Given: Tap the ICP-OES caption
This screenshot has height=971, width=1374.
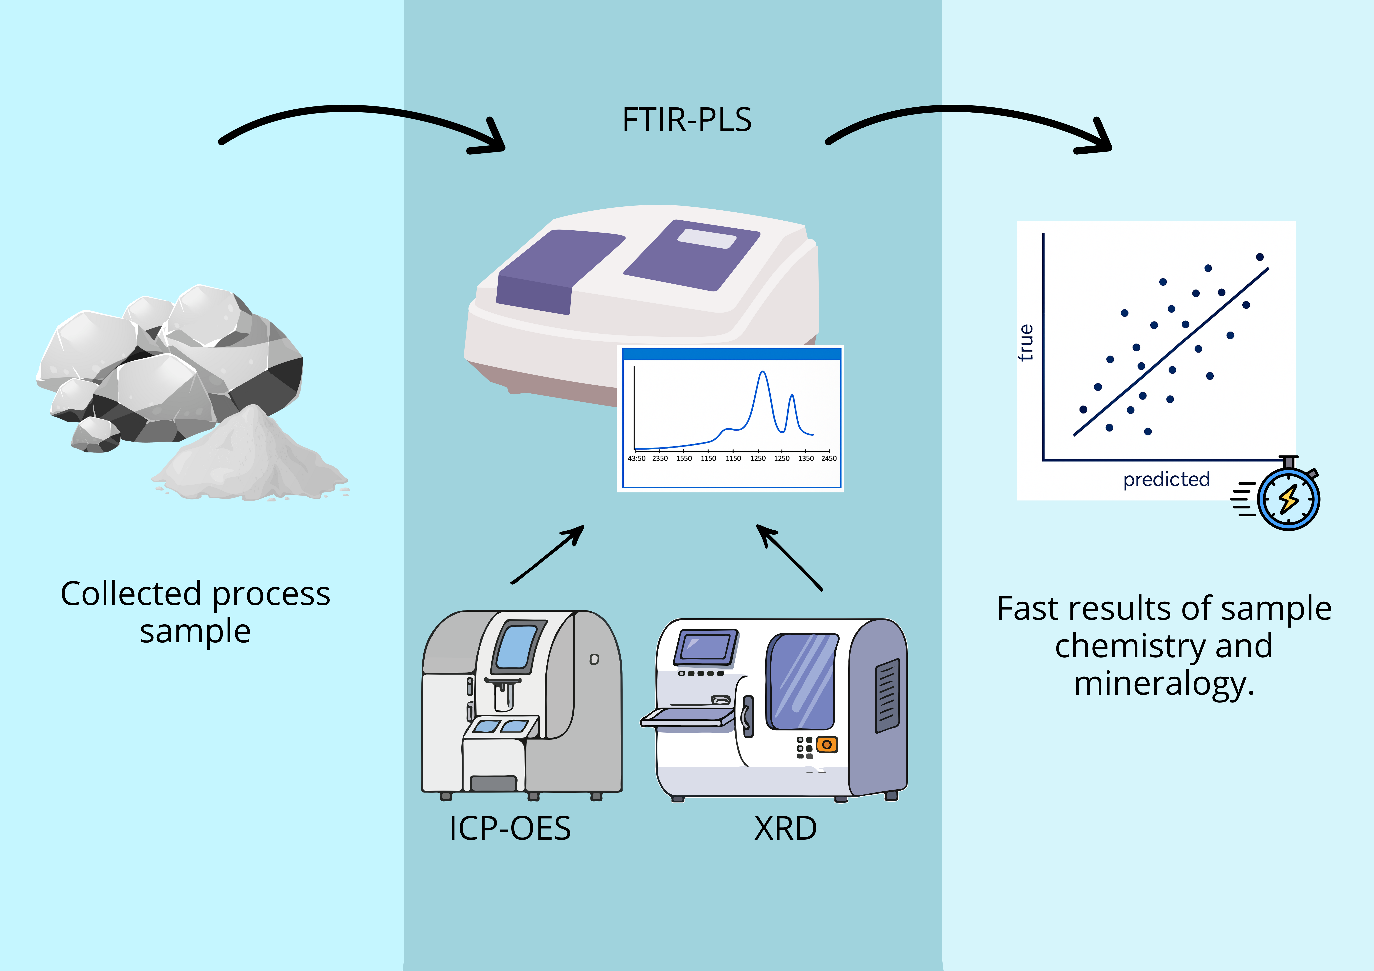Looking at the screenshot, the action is [510, 829].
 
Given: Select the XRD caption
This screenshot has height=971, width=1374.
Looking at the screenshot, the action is [785, 829].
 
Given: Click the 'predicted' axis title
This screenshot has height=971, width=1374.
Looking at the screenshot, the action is [1166, 479].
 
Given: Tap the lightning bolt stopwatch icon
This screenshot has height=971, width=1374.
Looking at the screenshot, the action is [1281, 494].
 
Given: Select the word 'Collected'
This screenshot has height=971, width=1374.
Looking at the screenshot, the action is [130, 594].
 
